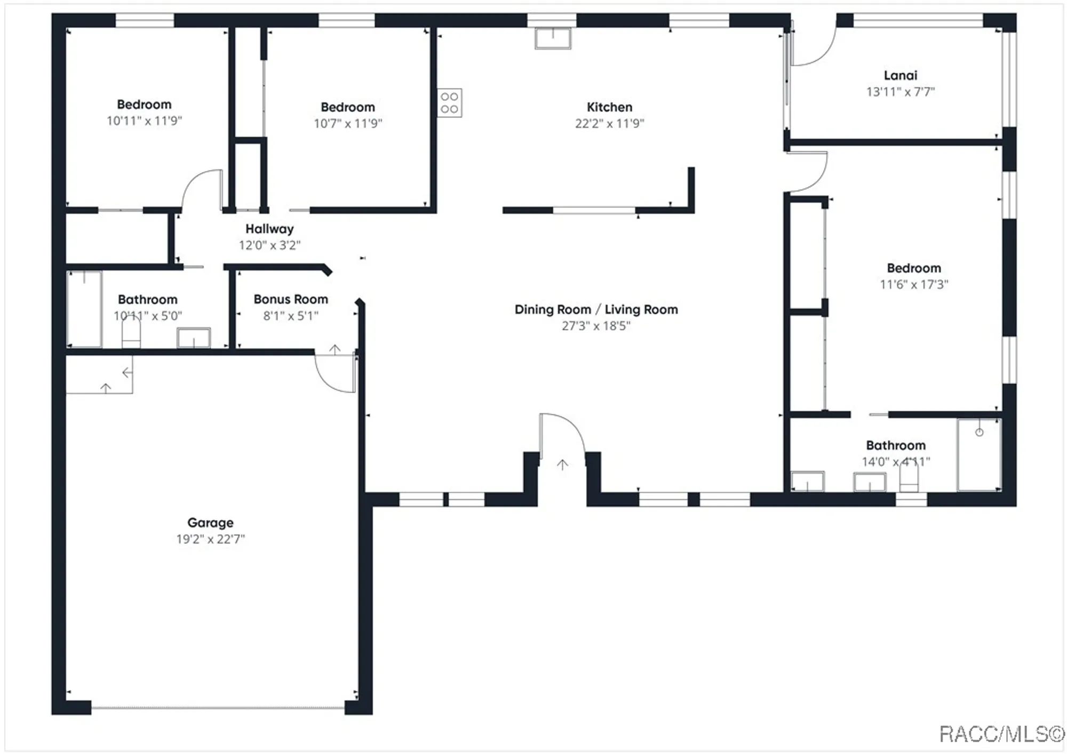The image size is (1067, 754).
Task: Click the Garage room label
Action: click(210, 523)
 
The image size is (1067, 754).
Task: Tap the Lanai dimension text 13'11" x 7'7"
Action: click(900, 92)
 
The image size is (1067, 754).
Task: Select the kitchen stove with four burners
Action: click(450, 103)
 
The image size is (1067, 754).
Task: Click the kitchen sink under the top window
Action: click(553, 38)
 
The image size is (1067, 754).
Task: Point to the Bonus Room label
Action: click(291, 299)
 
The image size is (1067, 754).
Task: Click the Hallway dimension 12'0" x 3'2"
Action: click(269, 245)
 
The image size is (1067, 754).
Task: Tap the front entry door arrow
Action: click(562, 464)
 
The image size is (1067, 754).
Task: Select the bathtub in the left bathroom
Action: click(84, 309)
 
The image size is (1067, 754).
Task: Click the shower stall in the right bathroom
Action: click(978, 454)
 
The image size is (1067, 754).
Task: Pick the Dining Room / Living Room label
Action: click(596, 309)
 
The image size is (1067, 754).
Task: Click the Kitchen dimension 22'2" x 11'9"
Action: click(609, 123)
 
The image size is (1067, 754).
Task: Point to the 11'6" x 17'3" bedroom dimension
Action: click(914, 284)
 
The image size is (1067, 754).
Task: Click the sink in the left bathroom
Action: click(193, 338)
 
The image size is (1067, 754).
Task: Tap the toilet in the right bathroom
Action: click(909, 477)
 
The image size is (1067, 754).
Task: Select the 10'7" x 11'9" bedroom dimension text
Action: click(348, 123)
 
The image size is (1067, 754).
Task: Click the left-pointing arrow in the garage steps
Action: click(127, 373)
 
